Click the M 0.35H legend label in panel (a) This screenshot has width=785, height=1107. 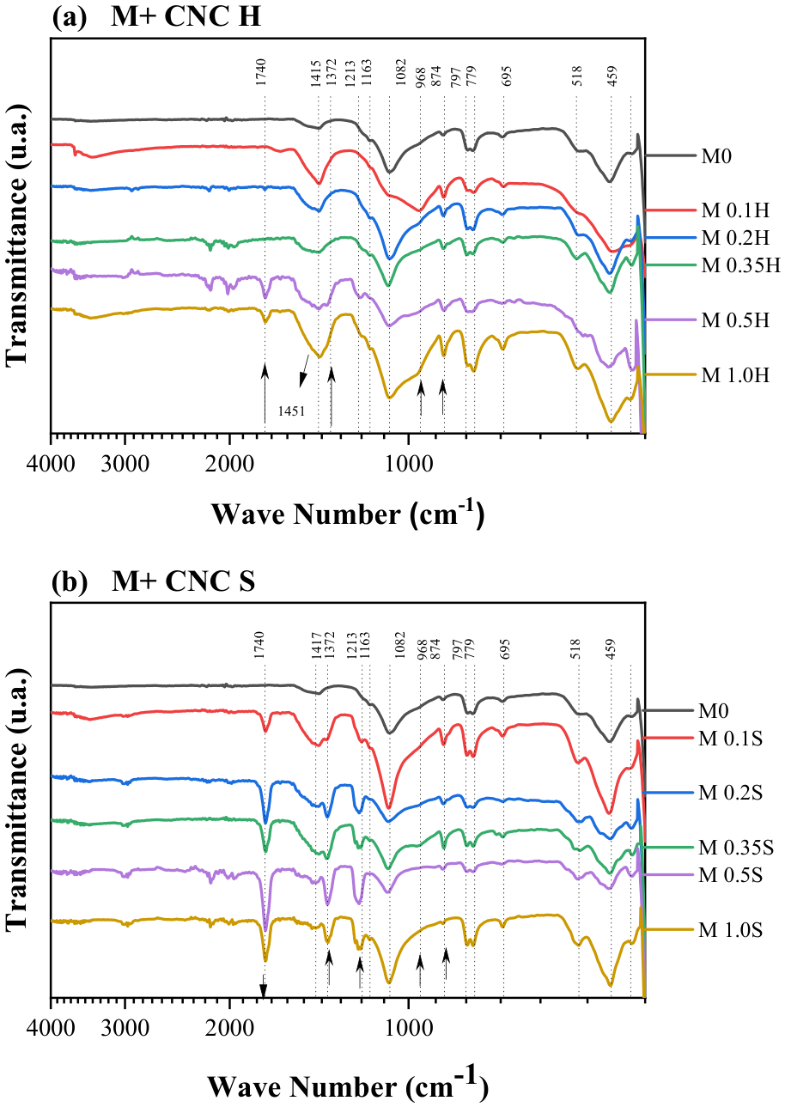pyautogui.click(x=740, y=265)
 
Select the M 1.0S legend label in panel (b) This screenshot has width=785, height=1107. pyautogui.click(x=730, y=930)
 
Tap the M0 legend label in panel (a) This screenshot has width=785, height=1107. pyautogui.click(x=715, y=156)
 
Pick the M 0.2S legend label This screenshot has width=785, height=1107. pyautogui.click(x=730, y=793)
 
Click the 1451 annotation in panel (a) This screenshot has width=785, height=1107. pyautogui.click(x=292, y=411)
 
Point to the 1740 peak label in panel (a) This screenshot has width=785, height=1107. pyautogui.click(x=261, y=72)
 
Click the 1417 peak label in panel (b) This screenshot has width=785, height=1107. pyautogui.click(x=317, y=644)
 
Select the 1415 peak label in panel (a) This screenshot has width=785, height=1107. pyautogui.click(x=317, y=72)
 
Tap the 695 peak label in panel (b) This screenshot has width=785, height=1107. pyautogui.click(x=505, y=649)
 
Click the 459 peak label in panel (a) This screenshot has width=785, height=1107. pyautogui.click(x=612, y=76)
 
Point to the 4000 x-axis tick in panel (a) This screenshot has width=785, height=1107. pyautogui.click(x=51, y=465)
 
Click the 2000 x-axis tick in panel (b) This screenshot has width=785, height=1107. pyautogui.click(x=228, y=1030)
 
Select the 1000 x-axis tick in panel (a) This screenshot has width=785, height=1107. pyautogui.click(x=408, y=465)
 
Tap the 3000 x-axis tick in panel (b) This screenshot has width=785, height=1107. pyautogui.click(x=125, y=1030)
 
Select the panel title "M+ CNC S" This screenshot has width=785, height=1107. pyautogui.click(x=184, y=581)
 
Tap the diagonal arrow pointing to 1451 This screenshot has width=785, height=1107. pyautogui.click(x=305, y=371)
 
